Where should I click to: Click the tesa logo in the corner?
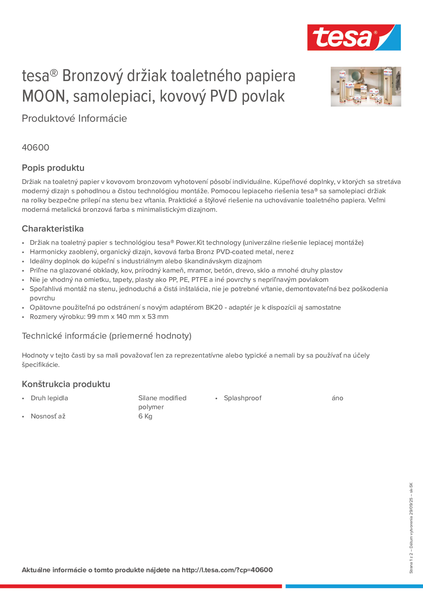point(354,38)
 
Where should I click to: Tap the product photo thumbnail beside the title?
point(366,87)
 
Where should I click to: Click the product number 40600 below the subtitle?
point(35,148)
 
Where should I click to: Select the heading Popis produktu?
point(53,168)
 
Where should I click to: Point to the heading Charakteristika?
point(53,229)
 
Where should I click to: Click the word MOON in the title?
point(43,96)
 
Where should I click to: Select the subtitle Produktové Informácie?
point(74,118)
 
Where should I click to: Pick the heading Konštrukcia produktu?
point(66,384)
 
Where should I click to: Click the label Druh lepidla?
point(49,398)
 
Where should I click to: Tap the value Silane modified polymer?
point(162,402)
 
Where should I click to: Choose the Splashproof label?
point(243,398)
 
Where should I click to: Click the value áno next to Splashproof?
point(337,398)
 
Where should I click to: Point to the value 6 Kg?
point(145,416)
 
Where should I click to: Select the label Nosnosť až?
point(48,416)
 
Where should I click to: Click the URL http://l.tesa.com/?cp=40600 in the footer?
point(227,570)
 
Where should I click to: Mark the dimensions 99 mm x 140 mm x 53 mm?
point(128,317)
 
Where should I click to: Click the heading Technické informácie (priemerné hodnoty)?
point(106,336)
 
